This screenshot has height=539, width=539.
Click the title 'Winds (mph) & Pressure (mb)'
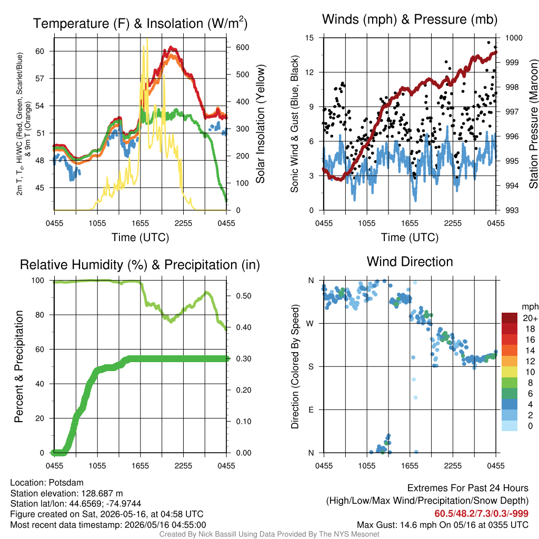pyautogui.click(x=410, y=19)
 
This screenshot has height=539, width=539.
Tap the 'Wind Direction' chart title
pyautogui.click(x=410, y=262)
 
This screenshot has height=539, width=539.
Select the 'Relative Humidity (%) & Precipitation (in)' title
pyautogui.click(x=140, y=265)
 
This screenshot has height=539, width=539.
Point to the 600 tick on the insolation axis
pyautogui.click(x=242, y=47)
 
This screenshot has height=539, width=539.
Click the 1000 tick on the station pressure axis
pyautogui.click(x=514, y=38)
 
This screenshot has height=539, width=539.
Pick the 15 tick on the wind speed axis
pyautogui.click(x=310, y=38)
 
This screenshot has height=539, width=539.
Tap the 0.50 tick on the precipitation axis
pyautogui.click(x=243, y=296)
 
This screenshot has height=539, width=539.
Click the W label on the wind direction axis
pyautogui.click(x=311, y=324)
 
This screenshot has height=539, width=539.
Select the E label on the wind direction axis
pyautogui.click(x=311, y=410)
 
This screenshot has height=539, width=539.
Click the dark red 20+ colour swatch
pyautogui.click(x=509, y=318)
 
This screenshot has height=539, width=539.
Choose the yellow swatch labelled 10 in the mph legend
pyautogui.click(x=509, y=372)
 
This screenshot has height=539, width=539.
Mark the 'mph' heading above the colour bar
pyautogui.click(x=530, y=307)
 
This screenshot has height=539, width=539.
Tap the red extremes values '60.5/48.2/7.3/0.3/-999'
pyautogui.click(x=481, y=514)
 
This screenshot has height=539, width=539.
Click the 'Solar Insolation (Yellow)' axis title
pyautogui.click(x=261, y=124)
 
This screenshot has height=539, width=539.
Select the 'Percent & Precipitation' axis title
pyautogui.click(x=18, y=366)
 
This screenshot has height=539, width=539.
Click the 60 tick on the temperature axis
pyautogui.click(x=40, y=51)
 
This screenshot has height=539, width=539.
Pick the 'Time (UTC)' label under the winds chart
pyautogui.click(x=410, y=237)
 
